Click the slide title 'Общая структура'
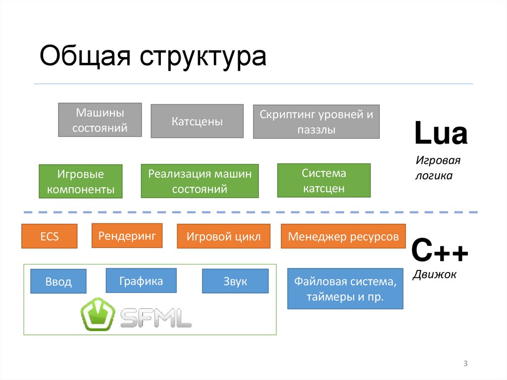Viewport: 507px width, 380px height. click(x=153, y=56)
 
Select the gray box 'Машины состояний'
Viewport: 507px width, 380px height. click(x=100, y=120)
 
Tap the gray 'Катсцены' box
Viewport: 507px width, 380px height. click(x=197, y=121)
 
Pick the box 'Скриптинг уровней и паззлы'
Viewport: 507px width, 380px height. click(x=316, y=121)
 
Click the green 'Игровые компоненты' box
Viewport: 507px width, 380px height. click(x=80, y=181)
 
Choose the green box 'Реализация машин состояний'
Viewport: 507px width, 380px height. click(x=200, y=181)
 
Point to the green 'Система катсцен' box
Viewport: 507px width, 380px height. click(x=324, y=180)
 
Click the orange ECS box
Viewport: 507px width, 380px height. click(x=50, y=236)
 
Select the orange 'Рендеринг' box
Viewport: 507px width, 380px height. click(x=127, y=235)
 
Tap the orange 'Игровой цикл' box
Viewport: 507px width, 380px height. click(x=223, y=236)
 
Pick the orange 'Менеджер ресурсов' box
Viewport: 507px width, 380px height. click(x=343, y=236)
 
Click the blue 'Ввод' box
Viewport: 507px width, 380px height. click(x=58, y=281)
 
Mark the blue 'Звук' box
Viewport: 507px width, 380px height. click(x=235, y=281)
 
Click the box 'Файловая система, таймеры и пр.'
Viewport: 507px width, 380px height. click(x=345, y=289)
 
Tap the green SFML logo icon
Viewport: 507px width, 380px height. click(x=98, y=314)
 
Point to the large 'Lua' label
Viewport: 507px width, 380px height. click(x=441, y=134)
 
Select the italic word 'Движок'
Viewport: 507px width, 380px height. click(x=434, y=273)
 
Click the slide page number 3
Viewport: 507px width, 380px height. click(x=465, y=364)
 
